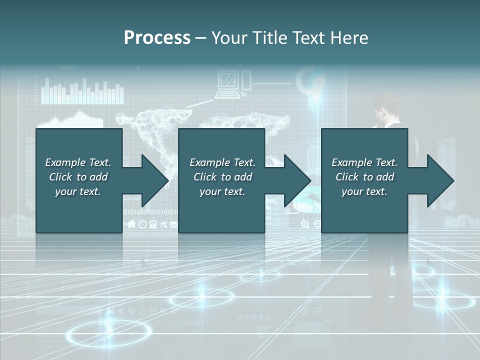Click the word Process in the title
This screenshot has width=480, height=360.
point(157,38)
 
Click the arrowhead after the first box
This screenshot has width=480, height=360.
point(153,180)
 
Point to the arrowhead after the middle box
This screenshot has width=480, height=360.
point(296,180)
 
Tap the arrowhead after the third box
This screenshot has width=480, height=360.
point(439,180)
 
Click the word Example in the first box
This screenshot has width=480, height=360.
point(65,162)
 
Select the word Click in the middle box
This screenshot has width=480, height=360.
point(205,177)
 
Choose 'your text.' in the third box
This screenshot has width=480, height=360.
point(364,191)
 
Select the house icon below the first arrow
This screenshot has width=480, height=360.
point(132,224)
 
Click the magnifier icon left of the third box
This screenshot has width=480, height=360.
point(305,224)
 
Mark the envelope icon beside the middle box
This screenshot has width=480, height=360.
point(173,224)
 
